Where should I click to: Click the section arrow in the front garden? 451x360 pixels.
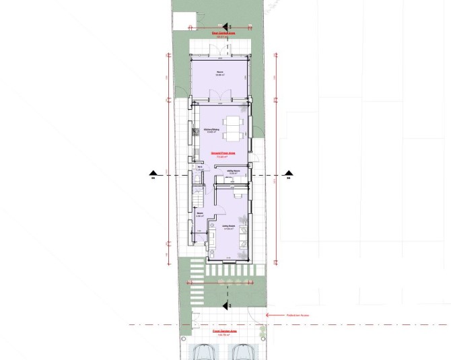228,306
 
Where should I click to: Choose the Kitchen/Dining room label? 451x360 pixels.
211,130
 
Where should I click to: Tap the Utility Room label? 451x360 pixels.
234,172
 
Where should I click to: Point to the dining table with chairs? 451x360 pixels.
232,129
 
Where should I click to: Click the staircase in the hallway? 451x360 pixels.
197,199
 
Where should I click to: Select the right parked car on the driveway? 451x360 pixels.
243,352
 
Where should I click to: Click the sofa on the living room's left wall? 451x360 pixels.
211,237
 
